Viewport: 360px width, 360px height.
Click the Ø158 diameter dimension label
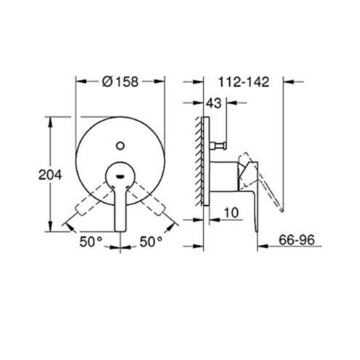click(x=120, y=81)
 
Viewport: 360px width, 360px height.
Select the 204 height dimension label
click(x=50, y=175)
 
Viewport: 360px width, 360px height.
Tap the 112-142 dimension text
click(x=244, y=82)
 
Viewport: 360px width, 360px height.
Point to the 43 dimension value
click(x=214, y=103)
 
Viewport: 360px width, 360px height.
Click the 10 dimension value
click(x=231, y=213)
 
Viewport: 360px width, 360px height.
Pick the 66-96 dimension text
click(x=297, y=240)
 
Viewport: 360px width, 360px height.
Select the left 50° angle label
click(x=91, y=241)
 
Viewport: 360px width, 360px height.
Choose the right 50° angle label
click(x=151, y=241)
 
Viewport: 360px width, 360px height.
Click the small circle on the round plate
click(x=120, y=146)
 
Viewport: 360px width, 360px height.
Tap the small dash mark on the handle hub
click(x=120, y=176)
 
